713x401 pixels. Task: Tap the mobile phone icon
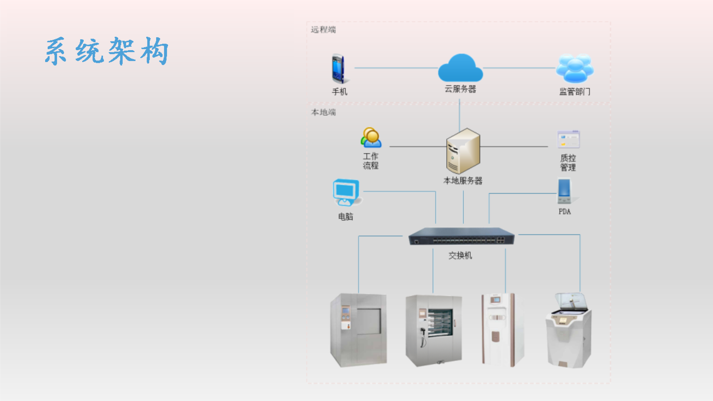tap(339, 69)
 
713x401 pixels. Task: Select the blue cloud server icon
tap(461, 68)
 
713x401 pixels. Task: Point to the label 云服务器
tap(460, 89)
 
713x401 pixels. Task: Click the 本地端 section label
tap(323, 112)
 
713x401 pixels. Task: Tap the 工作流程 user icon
tap(371, 138)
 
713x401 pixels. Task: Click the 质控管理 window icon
tap(568, 140)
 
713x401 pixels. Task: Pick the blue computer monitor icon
tap(346, 193)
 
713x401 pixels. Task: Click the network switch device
tap(461, 236)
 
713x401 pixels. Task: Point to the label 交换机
tap(460, 256)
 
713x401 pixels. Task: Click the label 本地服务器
tap(463, 181)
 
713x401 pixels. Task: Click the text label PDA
tap(565, 212)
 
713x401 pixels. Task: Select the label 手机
tap(339, 92)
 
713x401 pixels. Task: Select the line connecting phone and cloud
tap(396, 68)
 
